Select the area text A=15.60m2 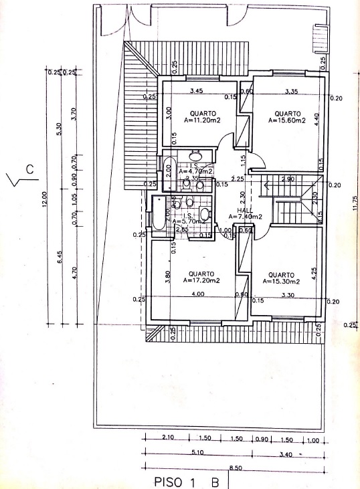point(286,122)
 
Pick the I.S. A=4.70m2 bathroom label point(194,169)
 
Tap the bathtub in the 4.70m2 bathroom point(169,169)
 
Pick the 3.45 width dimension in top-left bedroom point(196,91)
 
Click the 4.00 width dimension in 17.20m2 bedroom point(197,294)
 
